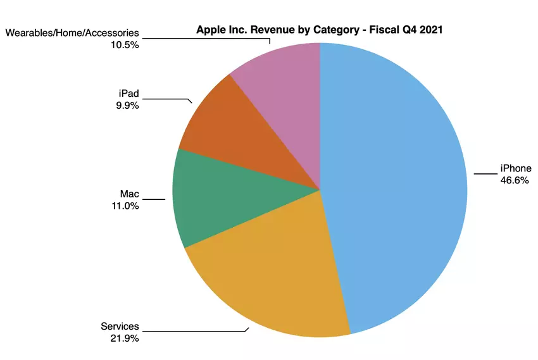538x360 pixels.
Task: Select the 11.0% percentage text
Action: click(126, 205)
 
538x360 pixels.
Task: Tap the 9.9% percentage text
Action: click(127, 105)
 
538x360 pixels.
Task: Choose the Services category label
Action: click(120, 326)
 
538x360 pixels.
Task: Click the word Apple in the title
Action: click(211, 29)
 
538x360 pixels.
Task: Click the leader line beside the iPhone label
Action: click(485, 173)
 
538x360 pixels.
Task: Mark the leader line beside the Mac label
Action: click(155, 199)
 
